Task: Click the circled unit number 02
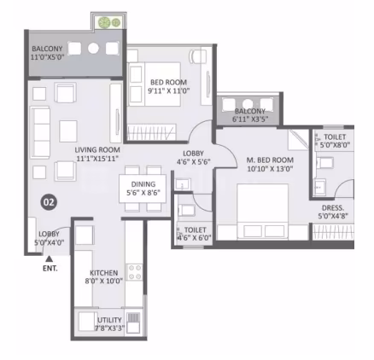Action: pyautogui.click(x=49, y=202)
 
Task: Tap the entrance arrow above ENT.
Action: pyautogui.click(x=50, y=258)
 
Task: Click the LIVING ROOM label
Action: pyautogui.click(x=97, y=150)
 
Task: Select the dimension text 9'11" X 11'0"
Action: pyautogui.click(x=169, y=91)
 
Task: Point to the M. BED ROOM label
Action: pyautogui.click(x=270, y=160)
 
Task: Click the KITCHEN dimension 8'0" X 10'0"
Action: pyautogui.click(x=104, y=282)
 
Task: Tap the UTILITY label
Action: pyautogui.click(x=109, y=320)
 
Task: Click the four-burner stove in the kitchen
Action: pyautogui.click(x=135, y=272)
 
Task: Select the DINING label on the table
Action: pyautogui.click(x=143, y=184)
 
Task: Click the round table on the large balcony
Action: pyautogui.click(x=93, y=49)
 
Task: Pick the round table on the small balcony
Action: pyautogui.click(x=248, y=103)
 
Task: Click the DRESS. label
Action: pyautogui.click(x=333, y=208)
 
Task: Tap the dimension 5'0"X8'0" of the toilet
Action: pyautogui.click(x=335, y=145)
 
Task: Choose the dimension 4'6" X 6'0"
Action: pyautogui.click(x=195, y=237)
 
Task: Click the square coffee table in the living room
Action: pyautogui.click(x=68, y=131)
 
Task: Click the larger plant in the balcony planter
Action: pyautogui.click(x=104, y=22)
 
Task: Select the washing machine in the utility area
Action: pyautogui.click(x=133, y=322)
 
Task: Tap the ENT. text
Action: pyautogui.click(x=50, y=268)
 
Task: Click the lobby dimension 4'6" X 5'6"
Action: pyautogui.click(x=194, y=162)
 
